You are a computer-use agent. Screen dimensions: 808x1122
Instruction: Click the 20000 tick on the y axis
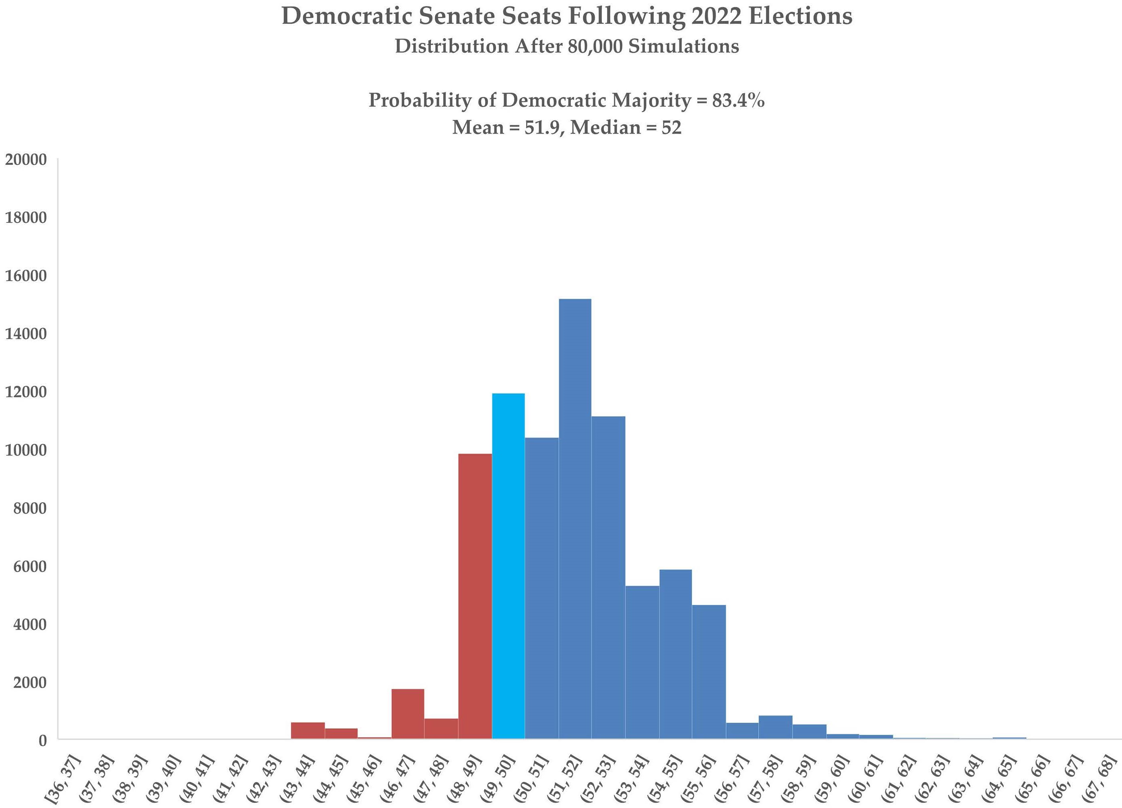[26, 160]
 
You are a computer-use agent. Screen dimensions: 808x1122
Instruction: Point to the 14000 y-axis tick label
[26, 334]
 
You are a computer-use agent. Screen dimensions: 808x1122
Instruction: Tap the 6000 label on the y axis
[30, 567]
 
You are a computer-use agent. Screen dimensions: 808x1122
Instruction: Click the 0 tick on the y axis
[43, 741]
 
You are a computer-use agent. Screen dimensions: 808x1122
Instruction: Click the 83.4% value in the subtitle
[738, 101]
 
